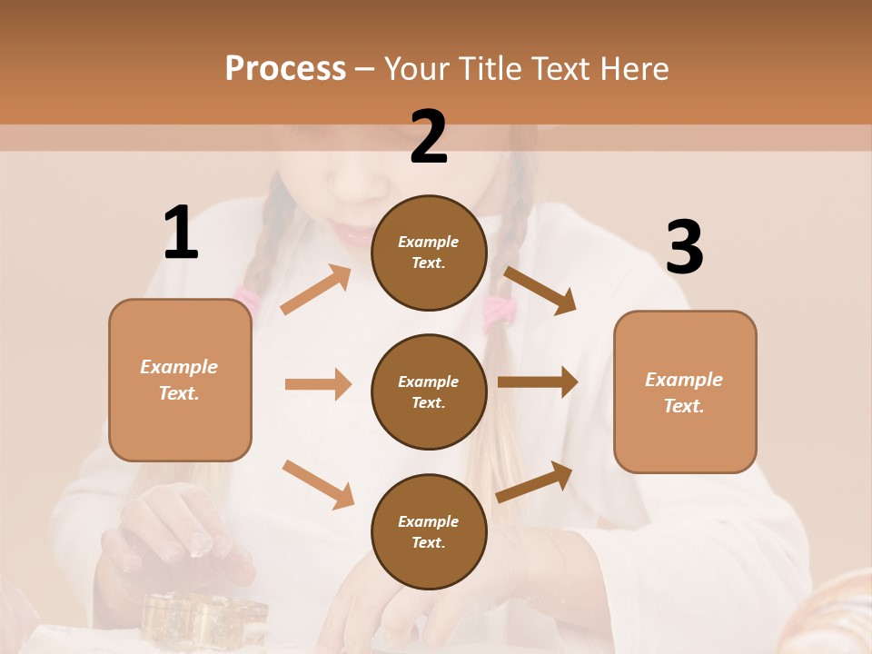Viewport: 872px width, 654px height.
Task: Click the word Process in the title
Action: click(x=285, y=69)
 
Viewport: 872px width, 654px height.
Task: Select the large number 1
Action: click(x=181, y=233)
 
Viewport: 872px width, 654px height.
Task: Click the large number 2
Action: click(x=429, y=137)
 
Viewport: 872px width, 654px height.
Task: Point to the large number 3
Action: click(x=684, y=248)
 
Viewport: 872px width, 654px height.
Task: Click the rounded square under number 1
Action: click(x=180, y=380)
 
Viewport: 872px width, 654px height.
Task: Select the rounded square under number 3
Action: click(x=685, y=391)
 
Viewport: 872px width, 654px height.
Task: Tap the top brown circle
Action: click(x=429, y=253)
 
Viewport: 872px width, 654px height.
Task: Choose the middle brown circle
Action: click(x=429, y=391)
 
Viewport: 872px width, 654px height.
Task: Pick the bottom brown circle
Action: click(x=429, y=531)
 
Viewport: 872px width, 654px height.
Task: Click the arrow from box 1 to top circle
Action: click(x=316, y=290)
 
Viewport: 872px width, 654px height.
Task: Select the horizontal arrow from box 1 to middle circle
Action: click(x=318, y=384)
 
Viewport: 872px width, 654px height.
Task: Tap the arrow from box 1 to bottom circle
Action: click(x=318, y=483)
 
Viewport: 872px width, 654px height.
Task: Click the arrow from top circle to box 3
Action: click(x=540, y=290)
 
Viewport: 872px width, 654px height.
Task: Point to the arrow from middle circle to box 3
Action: click(x=538, y=382)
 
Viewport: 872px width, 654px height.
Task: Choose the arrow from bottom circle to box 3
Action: click(x=534, y=482)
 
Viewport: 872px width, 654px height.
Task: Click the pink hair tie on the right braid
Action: click(x=499, y=312)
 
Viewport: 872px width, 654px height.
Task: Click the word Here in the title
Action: click(x=633, y=69)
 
